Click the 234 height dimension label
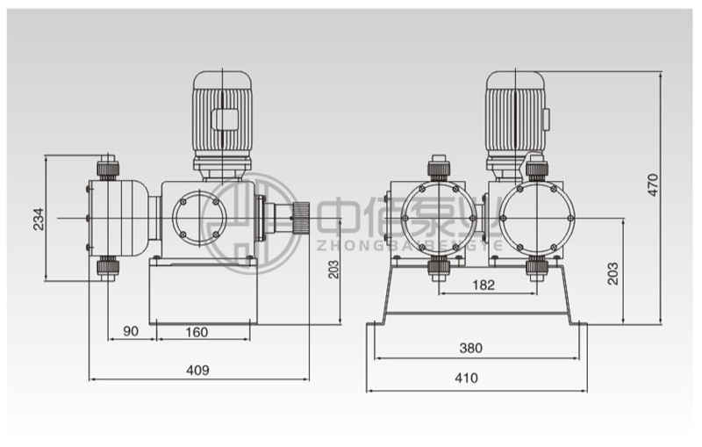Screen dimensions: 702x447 click(x=39, y=219)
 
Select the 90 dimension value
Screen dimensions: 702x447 click(x=131, y=331)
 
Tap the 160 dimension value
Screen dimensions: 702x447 click(x=197, y=332)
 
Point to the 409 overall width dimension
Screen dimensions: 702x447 click(x=197, y=370)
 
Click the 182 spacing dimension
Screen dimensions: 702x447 click(x=484, y=285)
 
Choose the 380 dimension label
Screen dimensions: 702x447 click(x=471, y=348)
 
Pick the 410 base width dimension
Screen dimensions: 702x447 click(x=467, y=378)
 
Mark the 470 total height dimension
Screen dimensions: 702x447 click(x=653, y=184)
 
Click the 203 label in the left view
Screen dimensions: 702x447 click(x=333, y=269)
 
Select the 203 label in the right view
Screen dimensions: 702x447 click(x=612, y=274)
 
